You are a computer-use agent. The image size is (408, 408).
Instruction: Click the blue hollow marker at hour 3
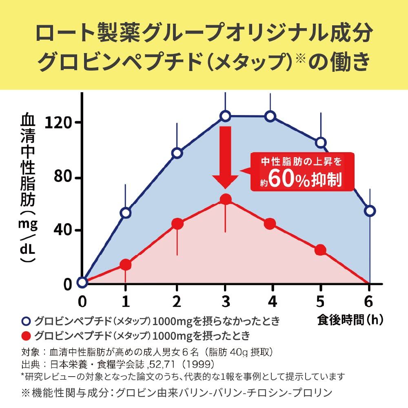[x=226, y=116]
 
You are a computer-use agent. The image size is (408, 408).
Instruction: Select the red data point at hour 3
[x=226, y=199]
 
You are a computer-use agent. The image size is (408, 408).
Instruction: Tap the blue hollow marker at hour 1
[x=126, y=213]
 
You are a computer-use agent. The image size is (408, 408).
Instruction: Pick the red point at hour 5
[x=320, y=250]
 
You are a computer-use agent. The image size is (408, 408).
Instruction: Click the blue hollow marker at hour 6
[x=370, y=211]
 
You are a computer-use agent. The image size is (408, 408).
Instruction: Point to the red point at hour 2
[x=177, y=223]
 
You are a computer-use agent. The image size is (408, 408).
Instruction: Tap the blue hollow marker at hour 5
[x=320, y=142]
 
